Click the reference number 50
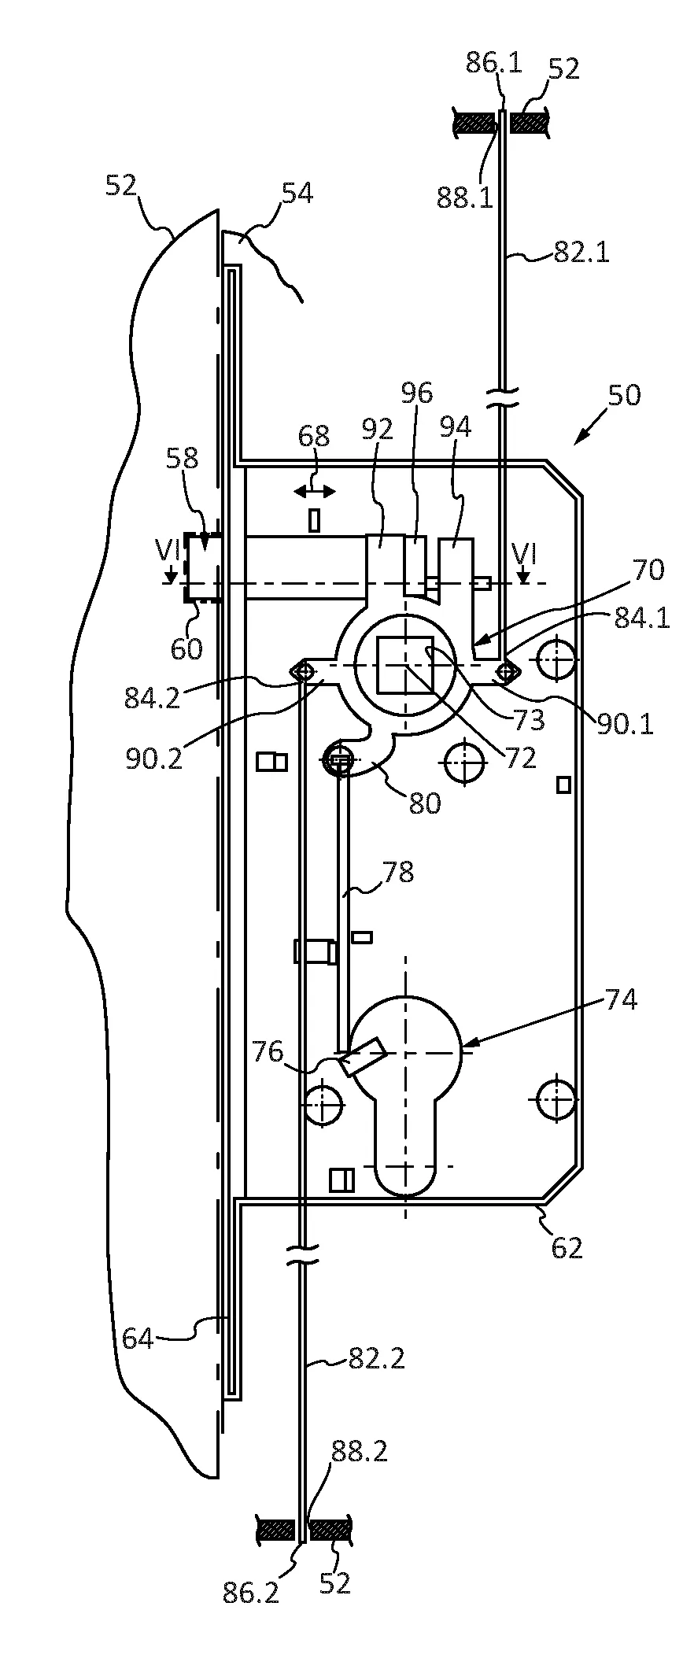(624, 394)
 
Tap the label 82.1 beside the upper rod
(581, 253)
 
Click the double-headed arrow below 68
(314, 492)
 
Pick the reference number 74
(621, 1000)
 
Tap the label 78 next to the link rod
(398, 872)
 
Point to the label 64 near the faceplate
(138, 1338)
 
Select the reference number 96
(417, 393)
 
